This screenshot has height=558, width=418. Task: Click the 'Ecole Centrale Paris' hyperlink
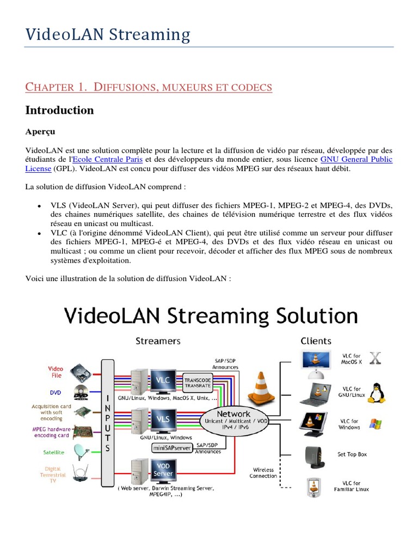click(x=112, y=160)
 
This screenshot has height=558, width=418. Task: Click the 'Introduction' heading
click(x=59, y=110)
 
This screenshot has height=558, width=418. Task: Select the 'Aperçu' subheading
click(x=40, y=132)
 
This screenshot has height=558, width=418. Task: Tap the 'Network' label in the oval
click(x=233, y=414)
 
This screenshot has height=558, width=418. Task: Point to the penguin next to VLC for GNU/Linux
click(x=376, y=392)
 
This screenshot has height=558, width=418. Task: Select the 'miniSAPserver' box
click(x=172, y=448)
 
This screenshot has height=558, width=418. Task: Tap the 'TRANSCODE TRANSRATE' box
click(x=199, y=383)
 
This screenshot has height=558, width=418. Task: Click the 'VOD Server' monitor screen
click(x=163, y=470)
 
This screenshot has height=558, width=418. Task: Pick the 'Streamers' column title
click(x=158, y=341)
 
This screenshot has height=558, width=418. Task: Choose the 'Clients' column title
click(x=316, y=341)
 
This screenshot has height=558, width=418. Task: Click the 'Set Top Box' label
click(x=352, y=454)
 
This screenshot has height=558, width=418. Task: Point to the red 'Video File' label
click(x=56, y=372)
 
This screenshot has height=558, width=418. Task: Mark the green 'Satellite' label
click(x=54, y=452)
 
